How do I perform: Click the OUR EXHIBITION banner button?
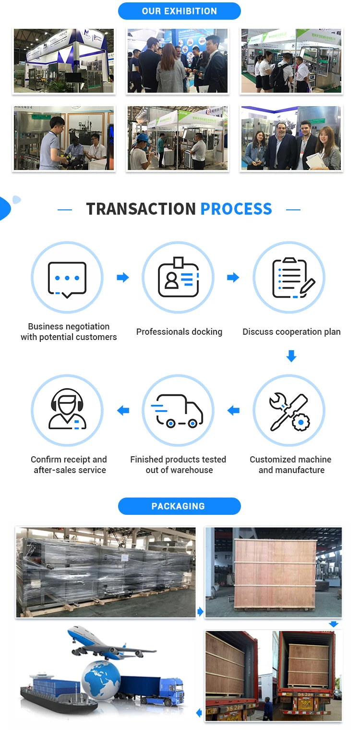[179, 11]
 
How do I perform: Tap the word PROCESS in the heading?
[236, 209]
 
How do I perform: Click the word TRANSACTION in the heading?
[141, 209]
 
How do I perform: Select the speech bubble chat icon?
[67, 278]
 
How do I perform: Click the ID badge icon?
[178, 278]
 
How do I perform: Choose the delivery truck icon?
[178, 411]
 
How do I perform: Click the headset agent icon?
[67, 411]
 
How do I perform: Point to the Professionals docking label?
[179, 332]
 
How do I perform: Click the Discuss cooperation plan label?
[291, 332]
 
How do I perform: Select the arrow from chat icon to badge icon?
[123, 277]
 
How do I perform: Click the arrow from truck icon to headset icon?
[123, 411]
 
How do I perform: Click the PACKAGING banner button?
[179, 506]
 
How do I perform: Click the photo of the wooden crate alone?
[273, 572]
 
